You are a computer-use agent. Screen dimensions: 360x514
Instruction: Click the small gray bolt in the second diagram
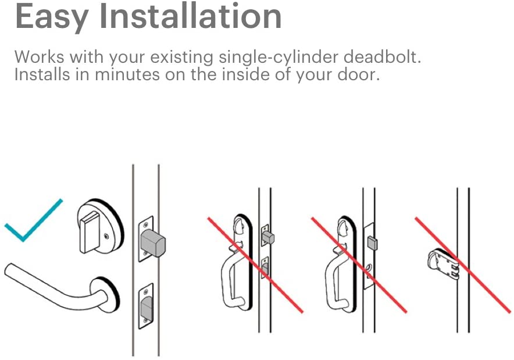click(268, 237)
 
